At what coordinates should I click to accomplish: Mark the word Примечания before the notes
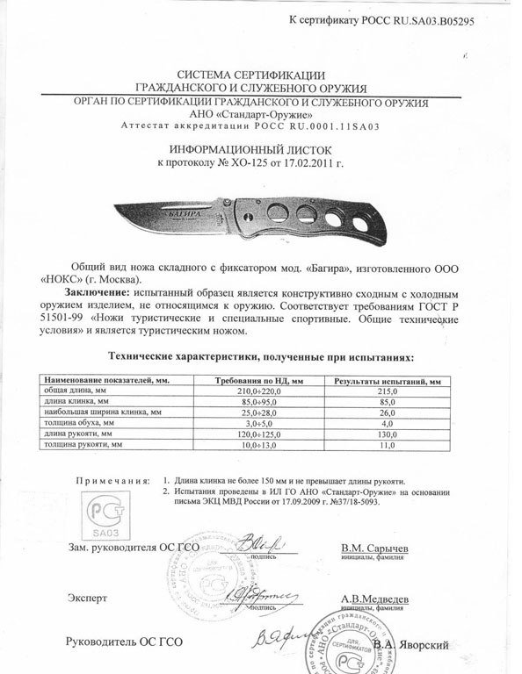pyautogui.click(x=109, y=482)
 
